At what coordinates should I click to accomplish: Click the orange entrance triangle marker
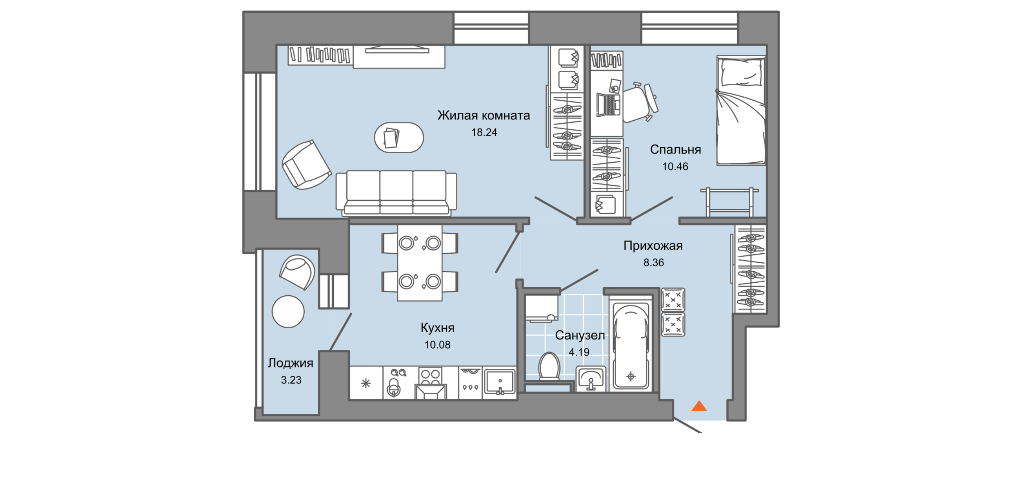coord(699,406)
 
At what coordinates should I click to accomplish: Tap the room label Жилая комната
coord(484,116)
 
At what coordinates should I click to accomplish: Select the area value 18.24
coord(484,132)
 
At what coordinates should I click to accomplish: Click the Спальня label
coord(675,149)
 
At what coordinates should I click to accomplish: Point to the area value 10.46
coord(675,167)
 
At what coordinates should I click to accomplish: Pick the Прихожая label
coord(653,246)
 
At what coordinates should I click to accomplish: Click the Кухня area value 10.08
coord(437,345)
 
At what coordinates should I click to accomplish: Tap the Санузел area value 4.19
coord(579,352)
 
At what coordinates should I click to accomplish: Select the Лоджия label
coord(291,363)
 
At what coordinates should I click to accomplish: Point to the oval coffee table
coord(399,137)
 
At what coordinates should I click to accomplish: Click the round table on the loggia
coord(288,312)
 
